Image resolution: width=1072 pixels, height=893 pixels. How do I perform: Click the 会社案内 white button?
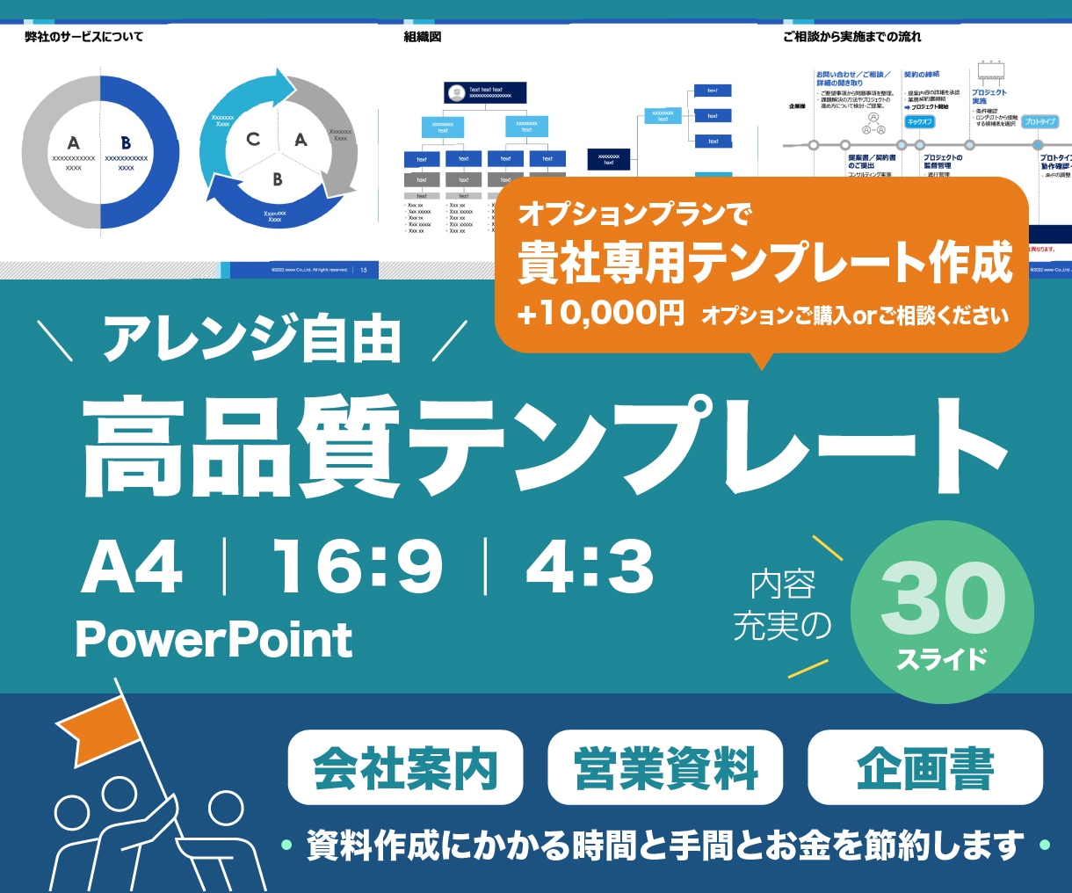pyautogui.click(x=405, y=767)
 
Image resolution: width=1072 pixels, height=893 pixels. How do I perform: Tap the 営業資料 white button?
pyautogui.click(x=665, y=767)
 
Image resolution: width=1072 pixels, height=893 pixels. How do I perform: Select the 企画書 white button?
pyautogui.click(x=925, y=767)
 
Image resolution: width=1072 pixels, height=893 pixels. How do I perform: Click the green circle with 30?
pyautogui.click(x=942, y=612)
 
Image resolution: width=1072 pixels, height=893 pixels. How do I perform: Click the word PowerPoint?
pyautogui.click(x=214, y=640)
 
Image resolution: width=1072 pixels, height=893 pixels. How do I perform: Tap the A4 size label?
pyautogui.click(x=132, y=568)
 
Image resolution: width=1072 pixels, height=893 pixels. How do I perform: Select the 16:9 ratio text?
pyautogui.click(x=357, y=568)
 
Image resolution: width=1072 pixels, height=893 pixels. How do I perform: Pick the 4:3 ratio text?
pyautogui.click(x=590, y=568)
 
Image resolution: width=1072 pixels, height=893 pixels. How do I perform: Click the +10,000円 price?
pyautogui.click(x=601, y=314)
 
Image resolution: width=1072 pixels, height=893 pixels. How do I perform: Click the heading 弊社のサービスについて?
pyautogui.click(x=84, y=37)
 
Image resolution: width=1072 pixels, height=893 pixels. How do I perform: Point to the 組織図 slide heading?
pyautogui.click(x=423, y=37)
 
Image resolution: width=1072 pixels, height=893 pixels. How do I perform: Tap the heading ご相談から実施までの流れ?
pyautogui.click(x=852, y=37)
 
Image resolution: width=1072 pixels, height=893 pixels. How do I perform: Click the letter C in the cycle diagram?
pyautogui.click(x=253, y=139)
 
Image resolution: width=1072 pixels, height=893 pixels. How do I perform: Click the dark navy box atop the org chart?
pyautogui.click(x=485, y=92)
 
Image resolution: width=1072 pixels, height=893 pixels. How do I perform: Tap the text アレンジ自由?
pyautogui.click(x=252, y=341)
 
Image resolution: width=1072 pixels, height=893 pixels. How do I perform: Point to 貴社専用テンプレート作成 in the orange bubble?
pyautogui.click(x=764, y=263)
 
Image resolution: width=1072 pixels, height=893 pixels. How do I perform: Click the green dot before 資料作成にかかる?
pyautogui.click(x=286, y=846)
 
